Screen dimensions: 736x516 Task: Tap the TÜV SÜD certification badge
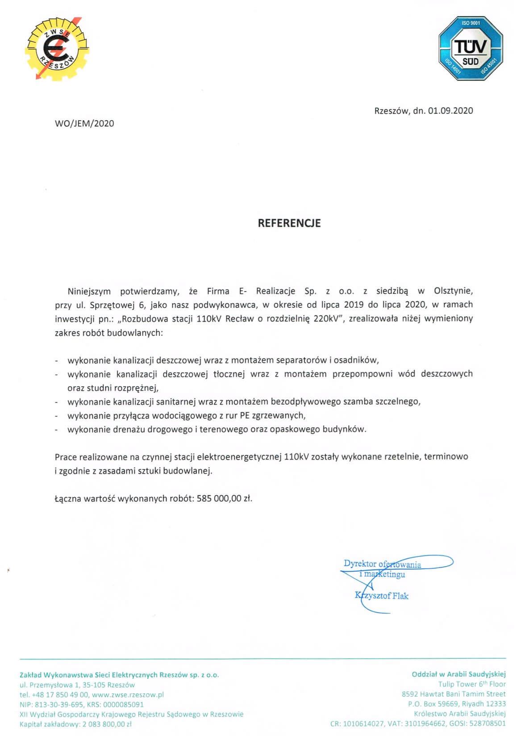470,48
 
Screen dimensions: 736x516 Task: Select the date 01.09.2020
450,111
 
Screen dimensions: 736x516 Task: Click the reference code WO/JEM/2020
84,124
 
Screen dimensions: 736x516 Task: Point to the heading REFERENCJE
289,223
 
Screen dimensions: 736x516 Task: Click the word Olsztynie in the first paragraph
453,291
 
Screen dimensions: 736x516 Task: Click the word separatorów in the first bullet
302,360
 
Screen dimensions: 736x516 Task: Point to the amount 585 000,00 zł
225,498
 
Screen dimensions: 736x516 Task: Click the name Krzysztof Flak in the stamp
382,596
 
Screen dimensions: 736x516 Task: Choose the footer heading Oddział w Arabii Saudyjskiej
459,674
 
